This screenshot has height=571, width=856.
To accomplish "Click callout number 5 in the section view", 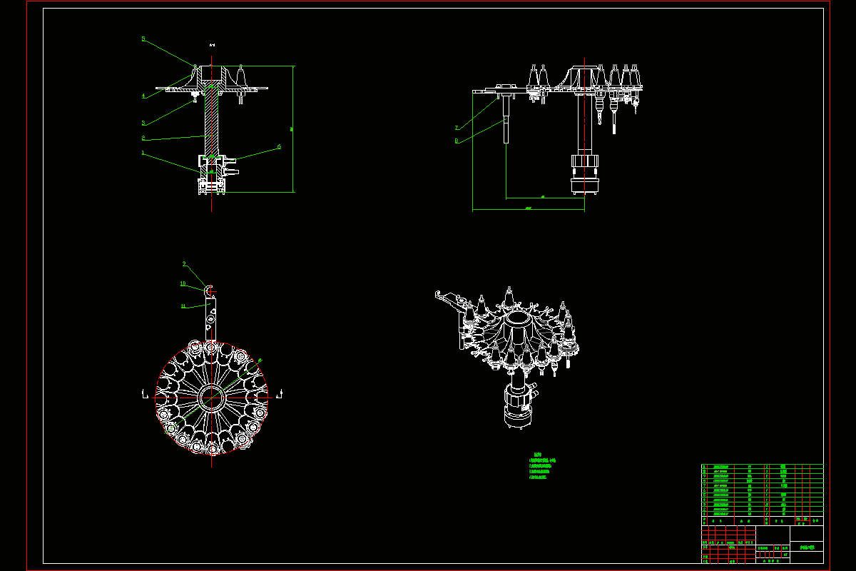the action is point(143,39).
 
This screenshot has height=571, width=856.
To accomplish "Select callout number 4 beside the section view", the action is point(143,95).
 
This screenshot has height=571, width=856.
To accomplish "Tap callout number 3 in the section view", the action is point(143,122).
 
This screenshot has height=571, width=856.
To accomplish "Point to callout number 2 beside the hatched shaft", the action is point(143,138).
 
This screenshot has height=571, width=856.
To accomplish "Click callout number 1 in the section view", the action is point(143,152).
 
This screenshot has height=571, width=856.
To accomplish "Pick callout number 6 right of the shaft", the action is point(279,147).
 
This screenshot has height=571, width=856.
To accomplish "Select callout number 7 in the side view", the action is point(457,128).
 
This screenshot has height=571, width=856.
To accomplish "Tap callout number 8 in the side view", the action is point(457,141).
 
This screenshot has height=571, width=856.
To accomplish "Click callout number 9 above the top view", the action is point(184,264).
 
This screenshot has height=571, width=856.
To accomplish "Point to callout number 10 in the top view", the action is point(183,283).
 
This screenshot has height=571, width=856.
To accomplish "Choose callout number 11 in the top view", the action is point(183,305).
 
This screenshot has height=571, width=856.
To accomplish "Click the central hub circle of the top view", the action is point(212,398).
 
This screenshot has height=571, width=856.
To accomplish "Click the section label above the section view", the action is point(213,46).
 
